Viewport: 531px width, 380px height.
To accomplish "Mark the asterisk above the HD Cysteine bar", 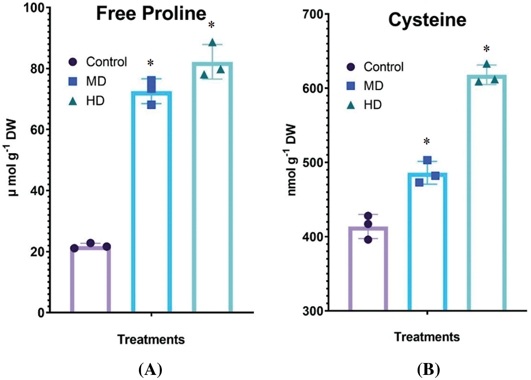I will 486,48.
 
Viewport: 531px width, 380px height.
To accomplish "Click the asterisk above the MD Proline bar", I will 151,64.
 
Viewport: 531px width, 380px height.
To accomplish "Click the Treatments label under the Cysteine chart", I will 427,337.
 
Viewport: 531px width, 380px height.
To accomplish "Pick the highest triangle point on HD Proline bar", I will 212,43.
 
